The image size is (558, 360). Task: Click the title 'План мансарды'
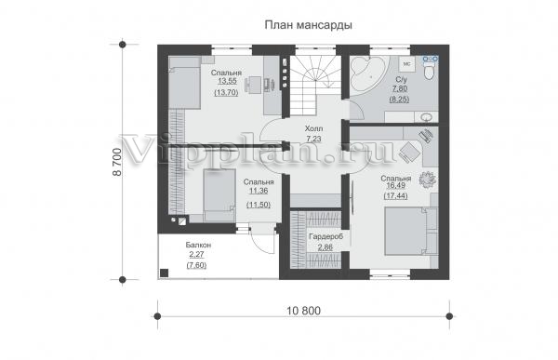coord(308,25)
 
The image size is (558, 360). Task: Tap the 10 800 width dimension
coord(303,311)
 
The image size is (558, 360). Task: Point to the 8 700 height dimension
coord(117,163)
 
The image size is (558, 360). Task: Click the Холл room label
coord(313,128)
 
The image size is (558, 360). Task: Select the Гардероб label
coord(326,237)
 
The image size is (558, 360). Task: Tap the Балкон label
coord(198,245)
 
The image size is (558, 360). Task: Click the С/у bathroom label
coord(401,79)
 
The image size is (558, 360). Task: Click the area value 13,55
coord(227,81)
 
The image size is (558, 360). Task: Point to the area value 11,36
coord(259,191)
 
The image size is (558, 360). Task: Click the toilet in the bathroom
coord(431,72)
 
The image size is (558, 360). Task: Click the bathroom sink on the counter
coord(426,116)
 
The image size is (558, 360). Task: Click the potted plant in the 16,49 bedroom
coord(428,180)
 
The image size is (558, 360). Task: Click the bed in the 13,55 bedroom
coord(184,83)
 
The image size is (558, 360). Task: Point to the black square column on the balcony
coord(164,273)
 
